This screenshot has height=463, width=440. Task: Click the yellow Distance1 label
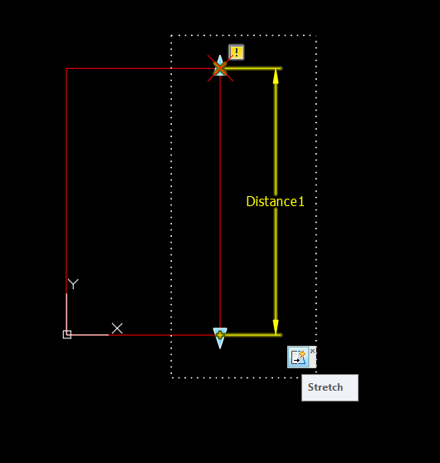[275, 201]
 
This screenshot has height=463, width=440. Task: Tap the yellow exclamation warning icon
[237, 52]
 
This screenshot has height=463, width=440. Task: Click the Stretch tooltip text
[325, 387]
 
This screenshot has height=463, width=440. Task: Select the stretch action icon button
[298, 357]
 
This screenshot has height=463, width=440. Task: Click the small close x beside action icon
[313, 351]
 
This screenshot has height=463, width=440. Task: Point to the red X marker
[220, 68]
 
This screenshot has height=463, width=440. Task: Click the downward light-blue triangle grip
[220, 338]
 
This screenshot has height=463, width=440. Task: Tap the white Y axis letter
[73, 284]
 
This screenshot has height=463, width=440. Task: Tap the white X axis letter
[117, 328]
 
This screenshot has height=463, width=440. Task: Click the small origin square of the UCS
[67, 334]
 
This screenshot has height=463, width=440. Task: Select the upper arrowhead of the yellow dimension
[276, 76]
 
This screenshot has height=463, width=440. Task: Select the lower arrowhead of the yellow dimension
[276, 328]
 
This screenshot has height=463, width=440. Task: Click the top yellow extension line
[252, 68]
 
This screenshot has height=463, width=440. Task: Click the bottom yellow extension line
[252, 335]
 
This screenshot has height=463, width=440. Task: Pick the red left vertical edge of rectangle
[66, 180]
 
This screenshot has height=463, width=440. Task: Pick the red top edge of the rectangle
[143, 68]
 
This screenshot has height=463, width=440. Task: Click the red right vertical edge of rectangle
[220, 201]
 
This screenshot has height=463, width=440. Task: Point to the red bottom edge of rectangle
[164, 335]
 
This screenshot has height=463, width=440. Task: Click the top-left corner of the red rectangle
[66, 68]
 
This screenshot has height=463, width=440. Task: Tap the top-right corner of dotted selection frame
[316, 36]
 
